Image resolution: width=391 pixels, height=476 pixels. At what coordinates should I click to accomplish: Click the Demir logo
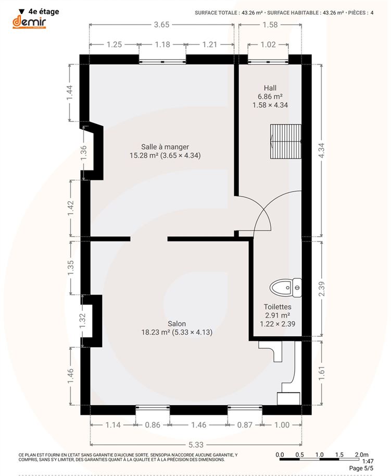point(29,23)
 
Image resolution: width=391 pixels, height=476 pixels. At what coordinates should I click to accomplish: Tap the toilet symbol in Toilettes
point(285,287)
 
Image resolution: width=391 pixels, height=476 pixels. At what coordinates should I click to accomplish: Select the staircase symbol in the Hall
point(286,141)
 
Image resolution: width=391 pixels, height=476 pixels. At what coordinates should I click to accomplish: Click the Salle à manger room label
point(165,147)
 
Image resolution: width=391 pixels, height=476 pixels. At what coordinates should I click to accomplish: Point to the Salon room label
point(176,324)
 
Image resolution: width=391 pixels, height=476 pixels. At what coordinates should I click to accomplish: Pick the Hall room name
point(270,88)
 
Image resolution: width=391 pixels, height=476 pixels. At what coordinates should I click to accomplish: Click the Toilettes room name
point(278,307)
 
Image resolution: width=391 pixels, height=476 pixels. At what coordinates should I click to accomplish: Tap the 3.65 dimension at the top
point(161,25)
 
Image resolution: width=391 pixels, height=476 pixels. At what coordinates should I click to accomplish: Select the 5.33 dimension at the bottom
point(196,445)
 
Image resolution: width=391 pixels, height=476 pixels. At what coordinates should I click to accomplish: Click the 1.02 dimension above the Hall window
point(268,45)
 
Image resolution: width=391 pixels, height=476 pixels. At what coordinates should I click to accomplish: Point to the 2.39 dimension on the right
point(322,289)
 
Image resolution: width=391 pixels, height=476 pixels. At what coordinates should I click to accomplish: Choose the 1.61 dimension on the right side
point(322,373)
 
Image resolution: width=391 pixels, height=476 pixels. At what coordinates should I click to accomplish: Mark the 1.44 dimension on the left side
point(70,93)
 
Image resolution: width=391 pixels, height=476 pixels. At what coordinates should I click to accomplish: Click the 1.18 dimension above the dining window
point(162,45)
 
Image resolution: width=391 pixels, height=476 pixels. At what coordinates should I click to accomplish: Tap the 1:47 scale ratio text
point(368,461)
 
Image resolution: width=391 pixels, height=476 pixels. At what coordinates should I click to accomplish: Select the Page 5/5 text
point(361,468)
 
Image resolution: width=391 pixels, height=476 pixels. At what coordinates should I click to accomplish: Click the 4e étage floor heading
point(44,11)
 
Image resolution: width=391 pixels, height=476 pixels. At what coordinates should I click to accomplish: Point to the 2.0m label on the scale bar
point(362,455)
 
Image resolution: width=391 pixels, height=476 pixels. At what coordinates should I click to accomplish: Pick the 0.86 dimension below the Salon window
point(153,425)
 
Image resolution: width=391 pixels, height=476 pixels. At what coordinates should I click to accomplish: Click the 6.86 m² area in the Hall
point(270,96)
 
